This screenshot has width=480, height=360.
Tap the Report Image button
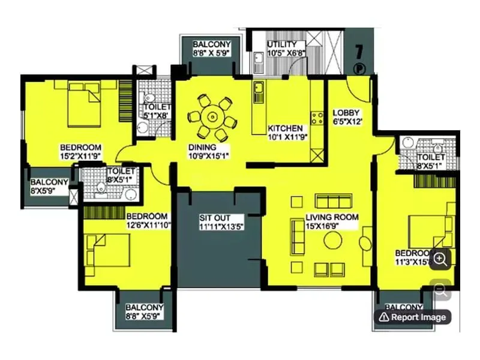(x=412, y=317)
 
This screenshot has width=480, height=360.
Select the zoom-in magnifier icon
(x=441, y=259)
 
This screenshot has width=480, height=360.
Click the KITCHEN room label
(x=285, y=133)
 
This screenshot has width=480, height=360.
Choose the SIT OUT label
(x=220, y=222)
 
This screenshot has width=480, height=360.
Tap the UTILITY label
(x=286, y=49)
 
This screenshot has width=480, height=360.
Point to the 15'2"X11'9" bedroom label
(x=80, y=152)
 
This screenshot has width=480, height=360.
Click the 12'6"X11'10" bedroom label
(x=146, y=220)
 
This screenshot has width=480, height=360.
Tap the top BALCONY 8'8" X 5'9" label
(x=211, y=49)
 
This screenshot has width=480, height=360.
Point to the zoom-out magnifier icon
(x=441, y=291)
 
